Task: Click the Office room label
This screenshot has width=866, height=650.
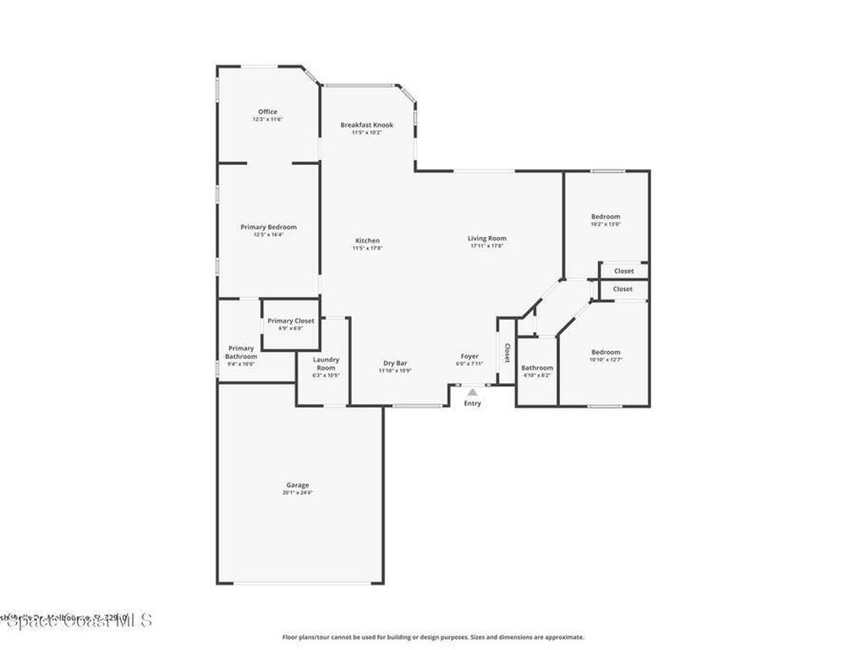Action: (267, 112)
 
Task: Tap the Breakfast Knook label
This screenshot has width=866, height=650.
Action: (366, 125)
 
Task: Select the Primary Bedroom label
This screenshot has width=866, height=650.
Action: (268, 227)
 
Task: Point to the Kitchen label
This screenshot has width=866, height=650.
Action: (367, 240)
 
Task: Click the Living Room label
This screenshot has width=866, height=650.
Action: (486, 239)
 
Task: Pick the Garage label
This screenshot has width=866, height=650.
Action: (297, 485)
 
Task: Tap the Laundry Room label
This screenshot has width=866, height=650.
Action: (326, 364)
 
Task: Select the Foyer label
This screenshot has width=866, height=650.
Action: (469, 356)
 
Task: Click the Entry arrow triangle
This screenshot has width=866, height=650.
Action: (472, 392)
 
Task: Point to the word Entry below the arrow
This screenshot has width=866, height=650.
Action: (472, 403)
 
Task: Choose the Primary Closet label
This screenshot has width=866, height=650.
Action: (291, 321)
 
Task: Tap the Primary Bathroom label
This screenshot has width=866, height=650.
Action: (240, 352)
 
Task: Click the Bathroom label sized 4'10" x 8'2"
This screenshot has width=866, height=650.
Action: (536, 367)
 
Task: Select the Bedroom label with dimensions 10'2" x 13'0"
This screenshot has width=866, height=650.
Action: (606, 217)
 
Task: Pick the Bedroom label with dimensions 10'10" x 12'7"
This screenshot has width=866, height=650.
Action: (606, 352)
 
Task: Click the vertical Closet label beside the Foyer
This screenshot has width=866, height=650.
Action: (507, 353)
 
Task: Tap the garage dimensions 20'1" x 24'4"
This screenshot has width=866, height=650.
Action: (297, 493)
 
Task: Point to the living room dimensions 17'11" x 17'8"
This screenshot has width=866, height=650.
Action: (486, 246)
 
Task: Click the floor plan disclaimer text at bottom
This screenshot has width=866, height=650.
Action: (432, 636)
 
